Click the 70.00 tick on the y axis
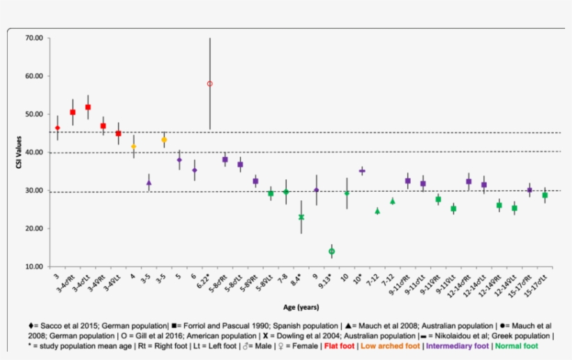pos(33,38)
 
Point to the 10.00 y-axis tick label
pos(33,267)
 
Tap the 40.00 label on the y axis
pos(33,152)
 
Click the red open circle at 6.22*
pos(209,84)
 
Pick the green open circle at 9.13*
pos(331,251)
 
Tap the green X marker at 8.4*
pos(301,217)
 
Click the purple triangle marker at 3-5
pos(149,183)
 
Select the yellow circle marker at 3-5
pos(164,140)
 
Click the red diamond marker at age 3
pos(57,128)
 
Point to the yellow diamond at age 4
pos(133,147)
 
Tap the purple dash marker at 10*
pos(362,170)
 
